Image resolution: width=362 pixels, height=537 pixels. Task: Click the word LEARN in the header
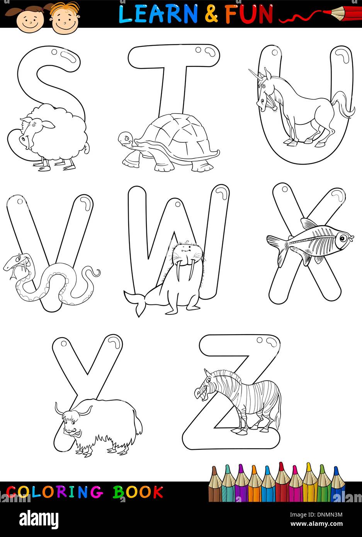[158, 14]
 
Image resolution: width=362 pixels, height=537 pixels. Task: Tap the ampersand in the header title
[211, 14]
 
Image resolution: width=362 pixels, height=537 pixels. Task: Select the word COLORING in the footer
[54, 492]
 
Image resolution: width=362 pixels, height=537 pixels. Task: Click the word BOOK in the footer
[138, 492]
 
